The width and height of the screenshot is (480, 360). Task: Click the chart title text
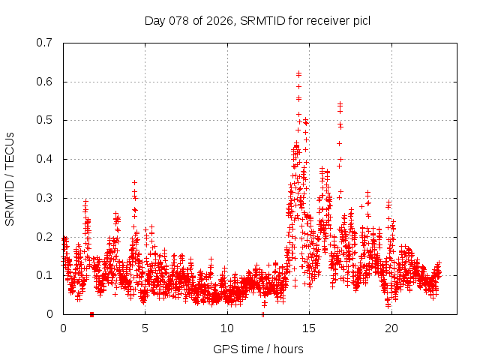257,21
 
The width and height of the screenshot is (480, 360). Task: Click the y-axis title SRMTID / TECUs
10,178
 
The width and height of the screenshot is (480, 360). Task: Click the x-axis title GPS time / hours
257,349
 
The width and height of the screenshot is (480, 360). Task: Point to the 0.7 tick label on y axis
44,43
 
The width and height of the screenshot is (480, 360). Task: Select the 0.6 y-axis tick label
44,82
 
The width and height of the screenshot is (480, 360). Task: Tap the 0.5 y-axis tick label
44,120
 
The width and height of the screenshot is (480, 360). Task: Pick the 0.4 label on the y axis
44,159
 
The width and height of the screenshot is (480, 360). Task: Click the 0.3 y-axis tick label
44,198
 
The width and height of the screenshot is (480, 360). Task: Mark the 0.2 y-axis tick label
44,237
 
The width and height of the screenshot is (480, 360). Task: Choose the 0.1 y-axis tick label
44,275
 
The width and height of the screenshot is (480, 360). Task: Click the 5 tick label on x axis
145,328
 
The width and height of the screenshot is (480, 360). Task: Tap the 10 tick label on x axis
227,328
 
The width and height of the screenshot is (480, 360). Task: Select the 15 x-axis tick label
309,328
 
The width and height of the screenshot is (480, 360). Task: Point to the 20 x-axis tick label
391,328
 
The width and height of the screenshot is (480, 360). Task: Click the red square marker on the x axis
91,314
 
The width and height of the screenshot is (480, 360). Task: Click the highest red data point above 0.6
298,73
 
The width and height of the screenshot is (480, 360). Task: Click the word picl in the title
361,21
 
